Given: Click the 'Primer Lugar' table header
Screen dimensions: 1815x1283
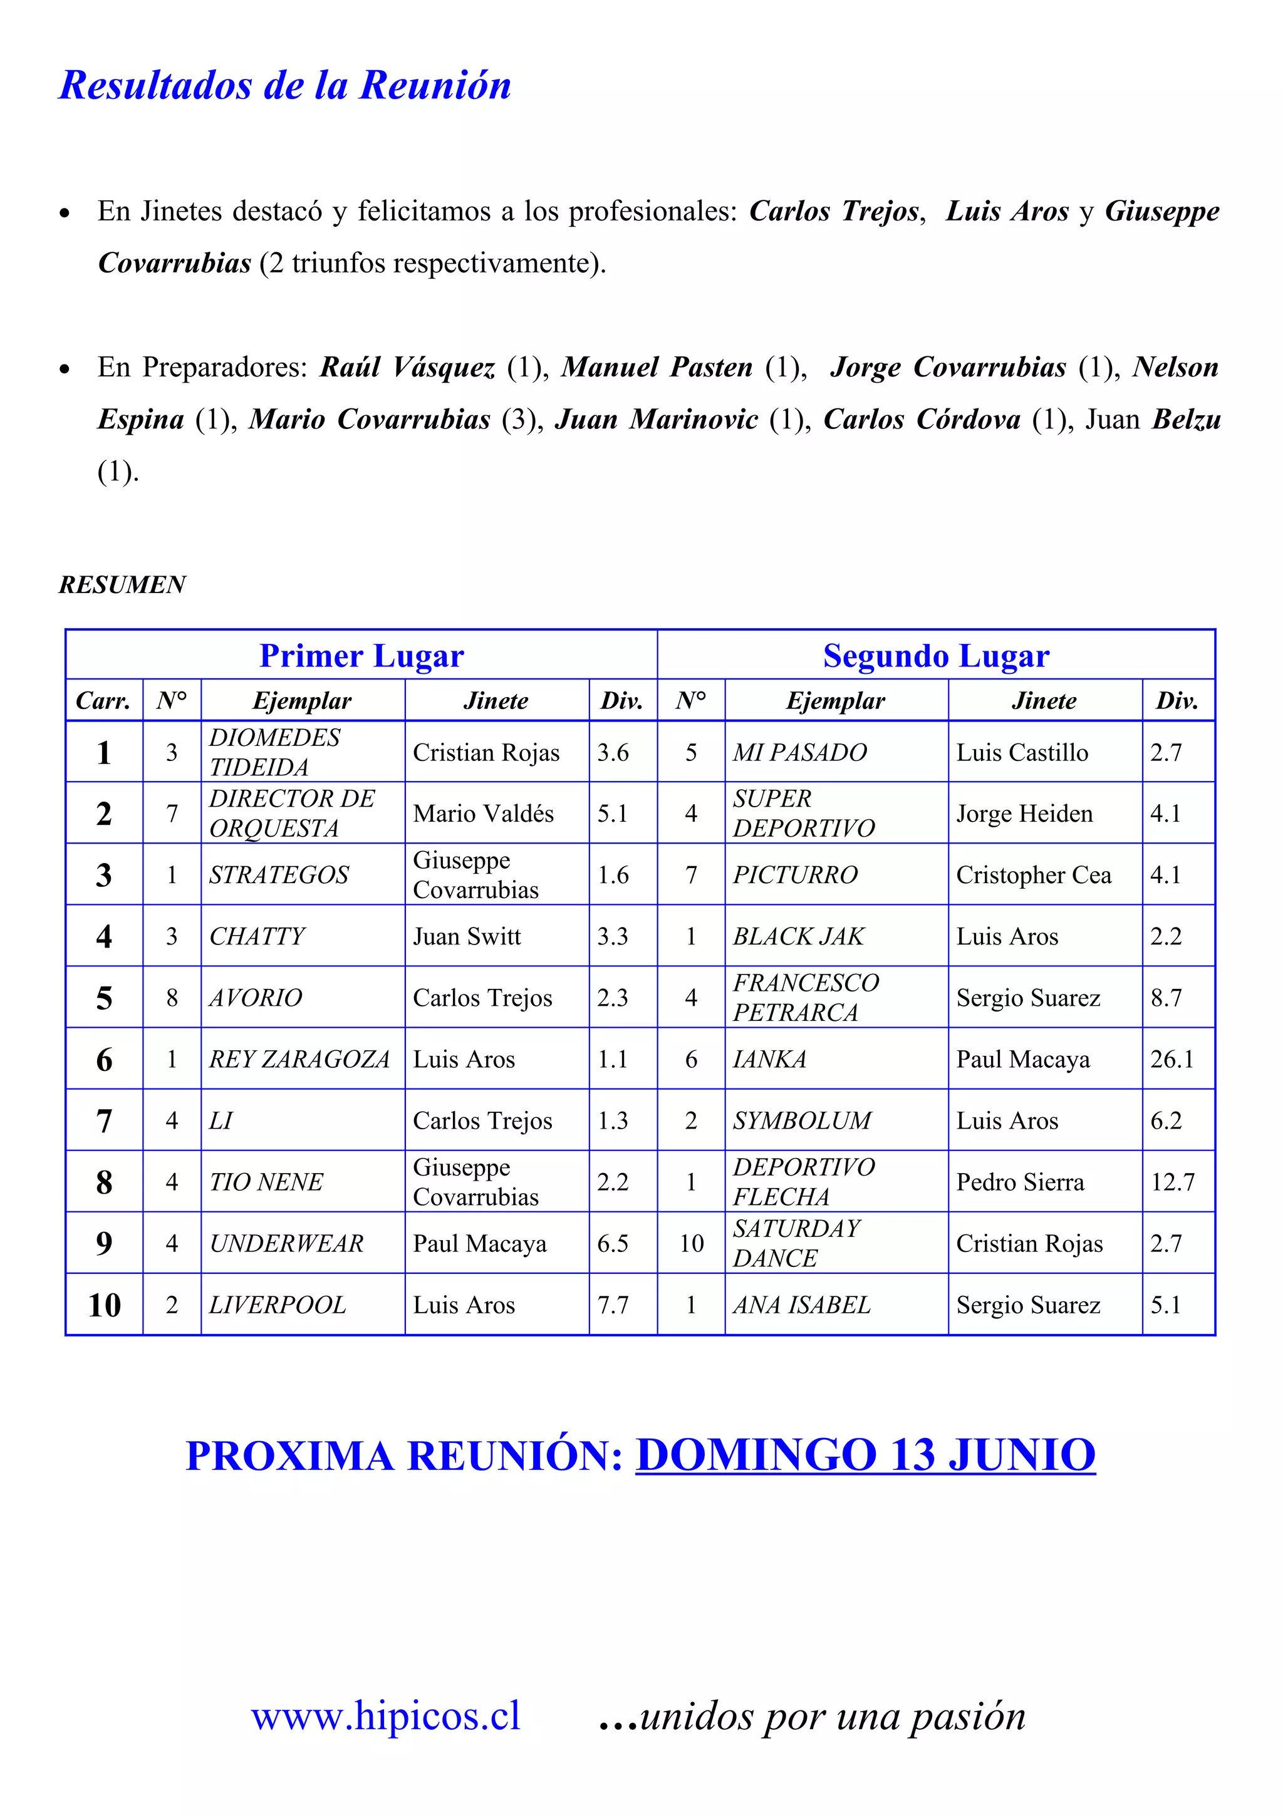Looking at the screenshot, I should [x=361, y=656].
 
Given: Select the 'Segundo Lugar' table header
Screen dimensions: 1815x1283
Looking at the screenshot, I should [x=936, y=656].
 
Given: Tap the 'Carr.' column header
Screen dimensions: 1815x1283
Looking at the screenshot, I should [x=103, y=700].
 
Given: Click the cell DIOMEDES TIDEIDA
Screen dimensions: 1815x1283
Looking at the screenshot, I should [x=274, y=752].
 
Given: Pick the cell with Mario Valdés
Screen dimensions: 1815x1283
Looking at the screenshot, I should [x=483, y=814].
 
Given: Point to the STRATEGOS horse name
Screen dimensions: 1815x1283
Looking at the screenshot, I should [x=278, y=874].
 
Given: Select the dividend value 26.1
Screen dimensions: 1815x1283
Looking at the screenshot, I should [x=1171, y=1058].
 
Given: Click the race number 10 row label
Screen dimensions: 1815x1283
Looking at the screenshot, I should [x=105, y=1305].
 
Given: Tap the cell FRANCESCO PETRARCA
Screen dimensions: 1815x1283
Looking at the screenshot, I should [x=806, y=997].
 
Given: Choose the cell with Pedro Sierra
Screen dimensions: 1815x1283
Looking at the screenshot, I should [x=1020, y=1182].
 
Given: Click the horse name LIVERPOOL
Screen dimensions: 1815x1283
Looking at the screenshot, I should [x=278, y=1305].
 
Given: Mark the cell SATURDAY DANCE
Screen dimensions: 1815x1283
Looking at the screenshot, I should [x=796, y=1243].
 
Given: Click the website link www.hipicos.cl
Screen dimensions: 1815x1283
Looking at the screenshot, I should [x=386, y=1716].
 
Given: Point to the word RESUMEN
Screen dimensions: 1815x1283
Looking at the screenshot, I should [x=123, y=584].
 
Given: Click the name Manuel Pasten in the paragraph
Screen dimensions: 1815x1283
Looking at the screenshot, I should [x=657, y=367].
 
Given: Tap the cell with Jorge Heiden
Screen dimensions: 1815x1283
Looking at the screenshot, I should [x=1024, y=814].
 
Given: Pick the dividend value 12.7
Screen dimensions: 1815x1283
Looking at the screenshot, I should [x=1172, y=1182].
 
